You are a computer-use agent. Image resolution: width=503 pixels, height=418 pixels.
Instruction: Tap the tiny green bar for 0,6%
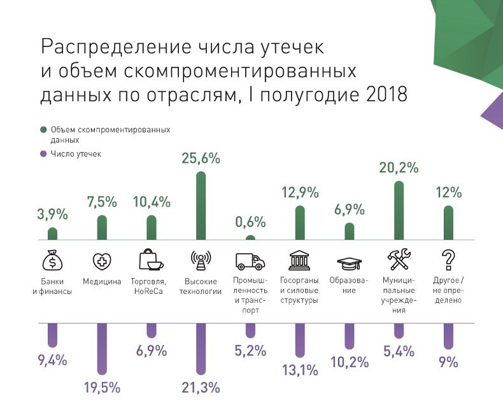(250, 238)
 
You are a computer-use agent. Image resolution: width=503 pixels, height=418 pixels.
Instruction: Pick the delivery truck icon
(250, 261)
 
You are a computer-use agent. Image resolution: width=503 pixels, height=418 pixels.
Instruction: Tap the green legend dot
(43, 130)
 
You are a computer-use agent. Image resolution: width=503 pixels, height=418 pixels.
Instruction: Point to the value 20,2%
(399, 169)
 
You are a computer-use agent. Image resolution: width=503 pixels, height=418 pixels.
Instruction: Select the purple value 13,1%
(299, 368)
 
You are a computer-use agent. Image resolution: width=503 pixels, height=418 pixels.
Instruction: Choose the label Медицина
(102, 282)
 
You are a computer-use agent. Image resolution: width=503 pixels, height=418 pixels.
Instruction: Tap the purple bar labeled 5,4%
(399, 330)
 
